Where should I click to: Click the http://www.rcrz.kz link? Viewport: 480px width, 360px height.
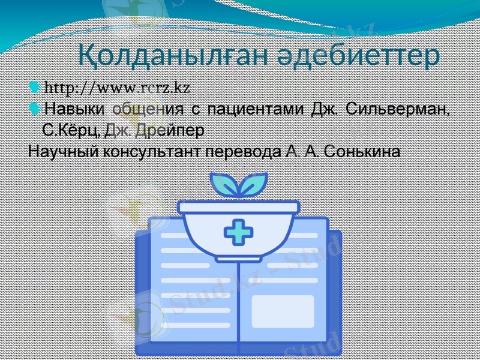pyautogui.click(x=118, y=88)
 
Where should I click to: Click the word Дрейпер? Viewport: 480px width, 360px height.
pyautogui.click(x=170, y=130)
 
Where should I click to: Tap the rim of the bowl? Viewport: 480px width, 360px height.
pyautogui.click(x=238, y=207)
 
